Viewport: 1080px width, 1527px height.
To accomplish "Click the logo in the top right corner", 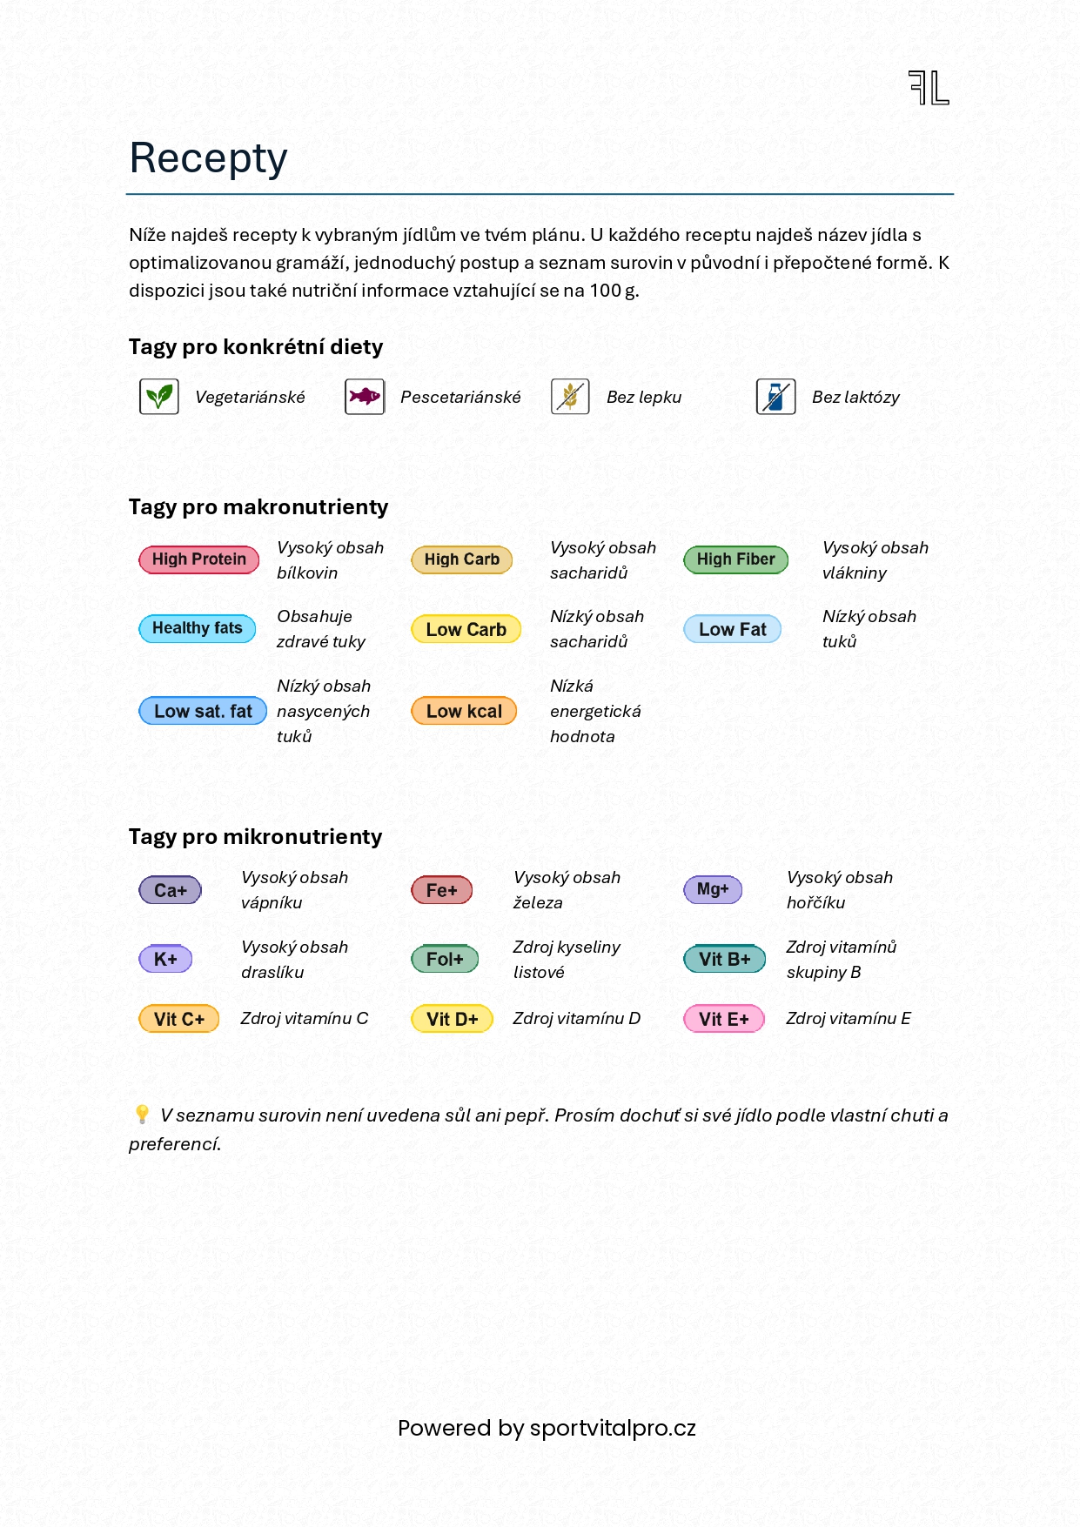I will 929,88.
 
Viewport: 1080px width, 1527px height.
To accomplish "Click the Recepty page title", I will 208,158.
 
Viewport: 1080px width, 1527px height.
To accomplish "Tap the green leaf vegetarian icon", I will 159,397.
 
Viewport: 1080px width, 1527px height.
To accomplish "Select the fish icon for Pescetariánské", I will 365,397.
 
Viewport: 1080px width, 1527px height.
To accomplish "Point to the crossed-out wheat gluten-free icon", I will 570,397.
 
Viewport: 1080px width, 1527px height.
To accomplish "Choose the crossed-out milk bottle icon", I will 775,397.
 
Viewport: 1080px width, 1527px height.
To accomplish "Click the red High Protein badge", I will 199,559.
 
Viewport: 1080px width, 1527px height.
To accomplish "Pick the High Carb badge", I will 462,559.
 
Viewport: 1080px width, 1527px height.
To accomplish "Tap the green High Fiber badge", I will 735,559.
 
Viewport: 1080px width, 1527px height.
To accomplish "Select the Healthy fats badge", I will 198,628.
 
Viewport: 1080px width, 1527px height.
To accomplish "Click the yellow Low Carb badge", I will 466,629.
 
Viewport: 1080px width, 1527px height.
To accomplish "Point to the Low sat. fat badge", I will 203,711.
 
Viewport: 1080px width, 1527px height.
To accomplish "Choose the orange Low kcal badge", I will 464,711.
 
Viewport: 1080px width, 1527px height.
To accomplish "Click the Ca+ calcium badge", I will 171,890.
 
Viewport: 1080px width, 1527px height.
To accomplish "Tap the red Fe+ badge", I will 442,890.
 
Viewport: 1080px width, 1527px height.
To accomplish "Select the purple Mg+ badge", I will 713,889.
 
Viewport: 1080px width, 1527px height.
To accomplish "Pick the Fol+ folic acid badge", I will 445,959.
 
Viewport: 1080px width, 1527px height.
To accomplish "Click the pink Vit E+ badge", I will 724,1019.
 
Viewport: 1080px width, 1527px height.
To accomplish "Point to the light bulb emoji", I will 142,1115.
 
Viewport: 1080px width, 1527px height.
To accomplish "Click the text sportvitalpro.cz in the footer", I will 613,1428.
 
